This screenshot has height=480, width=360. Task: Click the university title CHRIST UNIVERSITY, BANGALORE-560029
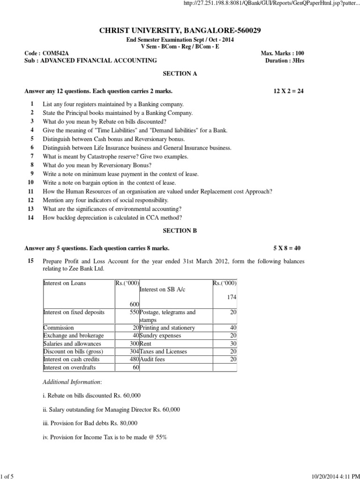click(180, 30)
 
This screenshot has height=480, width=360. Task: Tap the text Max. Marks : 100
click(282, 53)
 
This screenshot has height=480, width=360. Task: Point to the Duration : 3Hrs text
click(284, 60)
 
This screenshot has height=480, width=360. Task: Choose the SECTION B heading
click(180, 231)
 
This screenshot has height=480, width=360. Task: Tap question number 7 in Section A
click(32, 157)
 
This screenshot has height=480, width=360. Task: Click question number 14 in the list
click(31, 217)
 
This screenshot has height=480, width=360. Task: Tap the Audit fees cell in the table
click(152, 359)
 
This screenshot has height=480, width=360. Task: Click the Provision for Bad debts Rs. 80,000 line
click(90, 423)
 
